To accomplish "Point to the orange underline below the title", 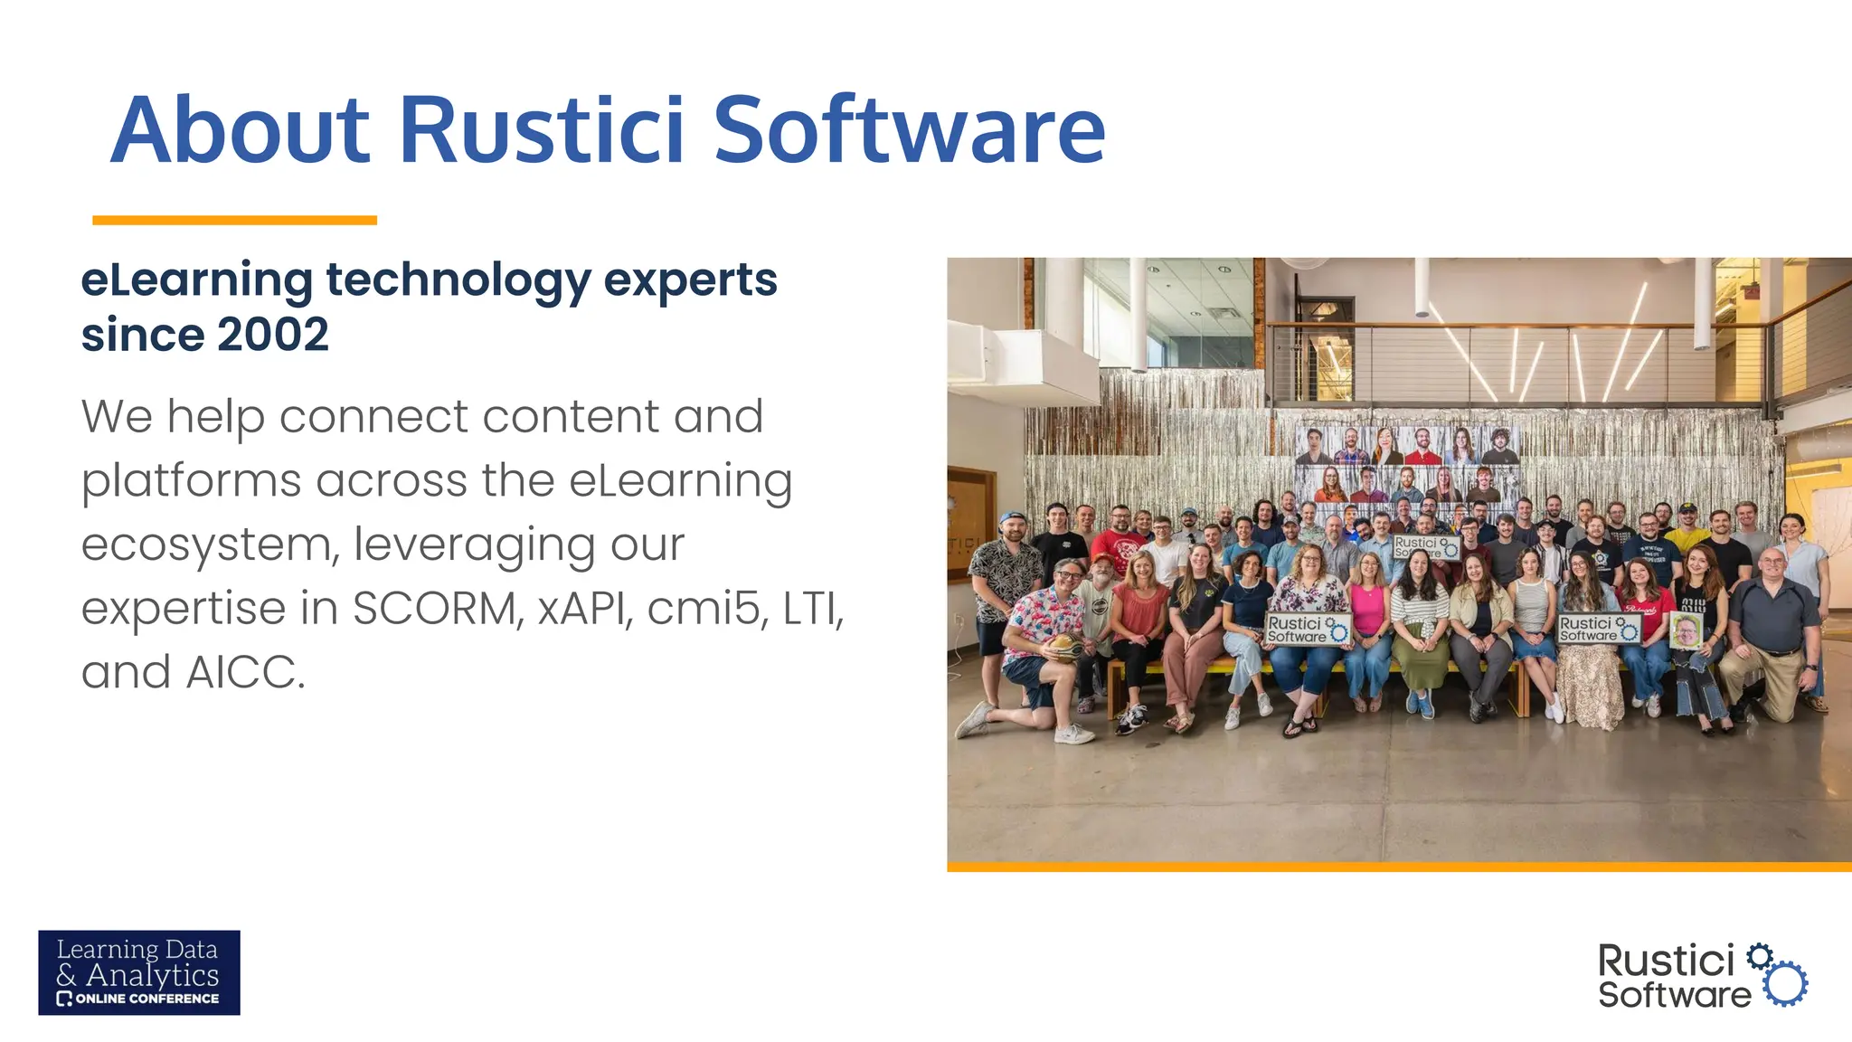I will pos(234,220).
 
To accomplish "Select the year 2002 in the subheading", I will pos(272,335).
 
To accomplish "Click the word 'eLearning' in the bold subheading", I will pos(196,280).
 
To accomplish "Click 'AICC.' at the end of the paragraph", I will pos(246,672).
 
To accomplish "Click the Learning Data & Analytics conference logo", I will pos(139,972).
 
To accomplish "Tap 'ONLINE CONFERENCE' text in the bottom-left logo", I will pos(146,999).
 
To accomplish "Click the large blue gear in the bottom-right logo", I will pos(1786,983).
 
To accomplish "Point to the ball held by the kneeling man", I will pos(1066,648).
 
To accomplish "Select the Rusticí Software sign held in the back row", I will pos(1425,546).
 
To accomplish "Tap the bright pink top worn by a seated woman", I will pos(1368,610).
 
